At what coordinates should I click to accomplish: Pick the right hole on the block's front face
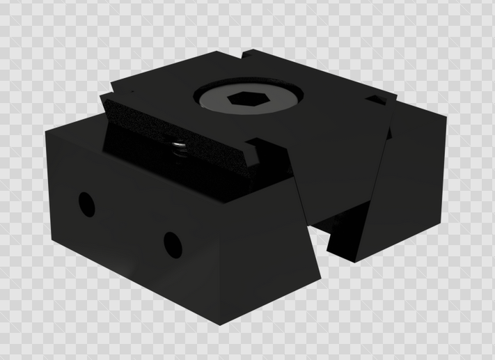pyautogui.click(x=171, y=243)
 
